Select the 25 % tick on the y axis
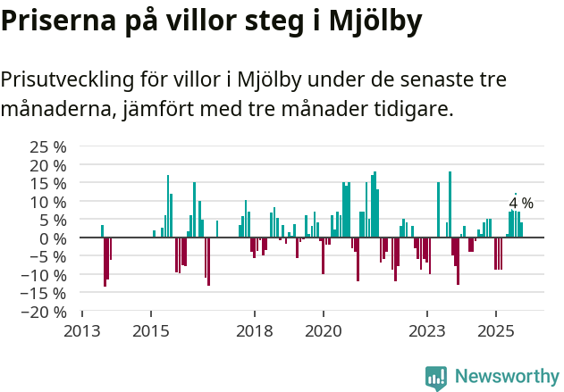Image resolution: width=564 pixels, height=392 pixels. pos(48,146)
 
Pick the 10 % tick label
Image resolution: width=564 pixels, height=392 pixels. pos(48,201)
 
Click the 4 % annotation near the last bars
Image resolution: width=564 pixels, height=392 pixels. pos(521,203)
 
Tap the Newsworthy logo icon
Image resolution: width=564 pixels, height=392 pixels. pos(436,377)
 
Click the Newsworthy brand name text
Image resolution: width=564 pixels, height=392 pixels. pos(506,377)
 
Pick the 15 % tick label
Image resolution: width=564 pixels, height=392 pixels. pos(48,183)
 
